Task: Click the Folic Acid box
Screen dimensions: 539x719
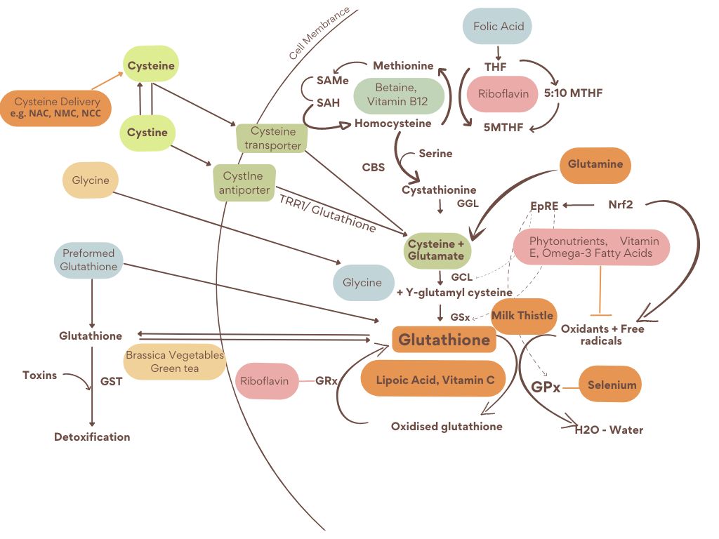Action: click(x=497, y=27)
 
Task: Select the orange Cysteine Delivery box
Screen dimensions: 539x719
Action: click(x=56, y=107)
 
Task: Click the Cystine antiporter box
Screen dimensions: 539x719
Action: click(x=244, y=182)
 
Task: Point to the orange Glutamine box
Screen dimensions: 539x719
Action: click(x=595, y=165)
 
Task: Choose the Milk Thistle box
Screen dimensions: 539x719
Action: click(x=522, y=315)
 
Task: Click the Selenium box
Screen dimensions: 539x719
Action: click(x=612, y=385)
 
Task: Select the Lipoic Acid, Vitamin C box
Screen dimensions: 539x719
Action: click(x=435, y=380)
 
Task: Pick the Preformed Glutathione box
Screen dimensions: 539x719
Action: click(x=88, y=260)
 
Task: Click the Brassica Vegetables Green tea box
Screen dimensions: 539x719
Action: click(x=175, y=361)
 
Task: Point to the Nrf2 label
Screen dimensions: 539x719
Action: click(x=620, y=205)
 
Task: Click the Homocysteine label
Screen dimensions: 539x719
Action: click(x=393, y=124)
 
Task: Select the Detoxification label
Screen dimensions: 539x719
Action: click(x=92, y=437)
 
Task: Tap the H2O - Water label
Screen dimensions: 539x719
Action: click(x=609, y=430)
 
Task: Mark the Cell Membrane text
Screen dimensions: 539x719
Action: click(x=319, y=34)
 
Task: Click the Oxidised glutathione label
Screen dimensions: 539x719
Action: click(x=447, y=426)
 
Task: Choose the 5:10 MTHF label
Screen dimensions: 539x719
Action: click(x=573, y=93)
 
